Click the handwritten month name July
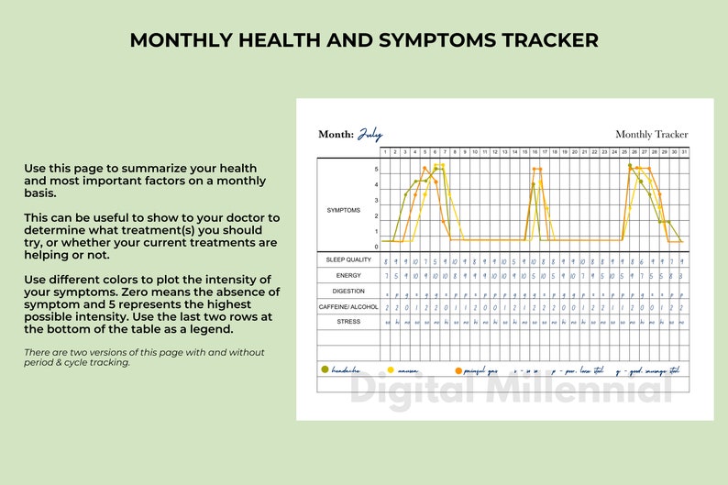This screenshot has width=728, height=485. (x=370, y=134)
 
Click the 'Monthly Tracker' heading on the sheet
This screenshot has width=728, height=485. (x=651, y=135)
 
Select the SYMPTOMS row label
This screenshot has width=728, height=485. (x=344, y=210)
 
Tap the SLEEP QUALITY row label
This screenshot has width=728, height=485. (x=347, y=260)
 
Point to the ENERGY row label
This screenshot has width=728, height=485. (x=347, y=275)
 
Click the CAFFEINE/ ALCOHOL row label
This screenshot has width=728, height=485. (x=347, y=307)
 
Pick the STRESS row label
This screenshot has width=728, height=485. (x=347, y=322)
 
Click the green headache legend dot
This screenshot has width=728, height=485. (x=325, y=369)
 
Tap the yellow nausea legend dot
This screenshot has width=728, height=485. (x=391, y=369)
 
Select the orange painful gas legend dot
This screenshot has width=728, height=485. (x=458, y=369)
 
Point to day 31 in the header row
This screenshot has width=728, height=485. (x=683, y=151)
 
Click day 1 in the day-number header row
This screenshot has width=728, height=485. (x=386, y=151)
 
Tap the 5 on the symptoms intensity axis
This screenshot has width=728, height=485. (x=376, y=170)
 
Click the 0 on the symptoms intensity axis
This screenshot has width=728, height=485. (x=376, y=247)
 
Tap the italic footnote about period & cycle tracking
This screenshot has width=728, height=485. (x=144, y=357)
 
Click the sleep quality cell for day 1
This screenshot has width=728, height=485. (x=386, y=260)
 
